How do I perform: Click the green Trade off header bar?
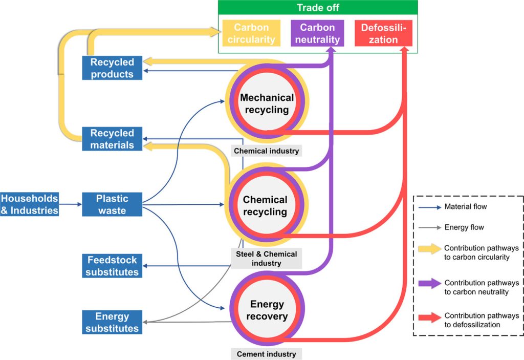(x=318, y=8)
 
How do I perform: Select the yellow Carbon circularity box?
(x=251, y=33)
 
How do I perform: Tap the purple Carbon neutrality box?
(x=317, y=33)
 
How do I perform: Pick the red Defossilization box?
(x=383, y=33)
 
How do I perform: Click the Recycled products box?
(x=112, y=68)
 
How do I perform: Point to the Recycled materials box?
(x=112, y=139)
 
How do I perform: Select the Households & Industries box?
(x=29, y=204)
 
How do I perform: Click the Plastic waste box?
(x=112, y=204)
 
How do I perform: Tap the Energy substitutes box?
(x=112, y=322)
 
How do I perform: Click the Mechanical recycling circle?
(x=267, y=104)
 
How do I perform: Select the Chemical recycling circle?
(x=265, y=205)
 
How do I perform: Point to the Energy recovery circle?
(x=267, y=310)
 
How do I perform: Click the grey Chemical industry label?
(x=267, y=151)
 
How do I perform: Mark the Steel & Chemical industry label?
(x=266, y=259)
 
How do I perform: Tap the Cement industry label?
(x=266, y=354)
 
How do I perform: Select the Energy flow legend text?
(x=464, y=227)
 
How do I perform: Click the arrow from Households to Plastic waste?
(x=71, y=204)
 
